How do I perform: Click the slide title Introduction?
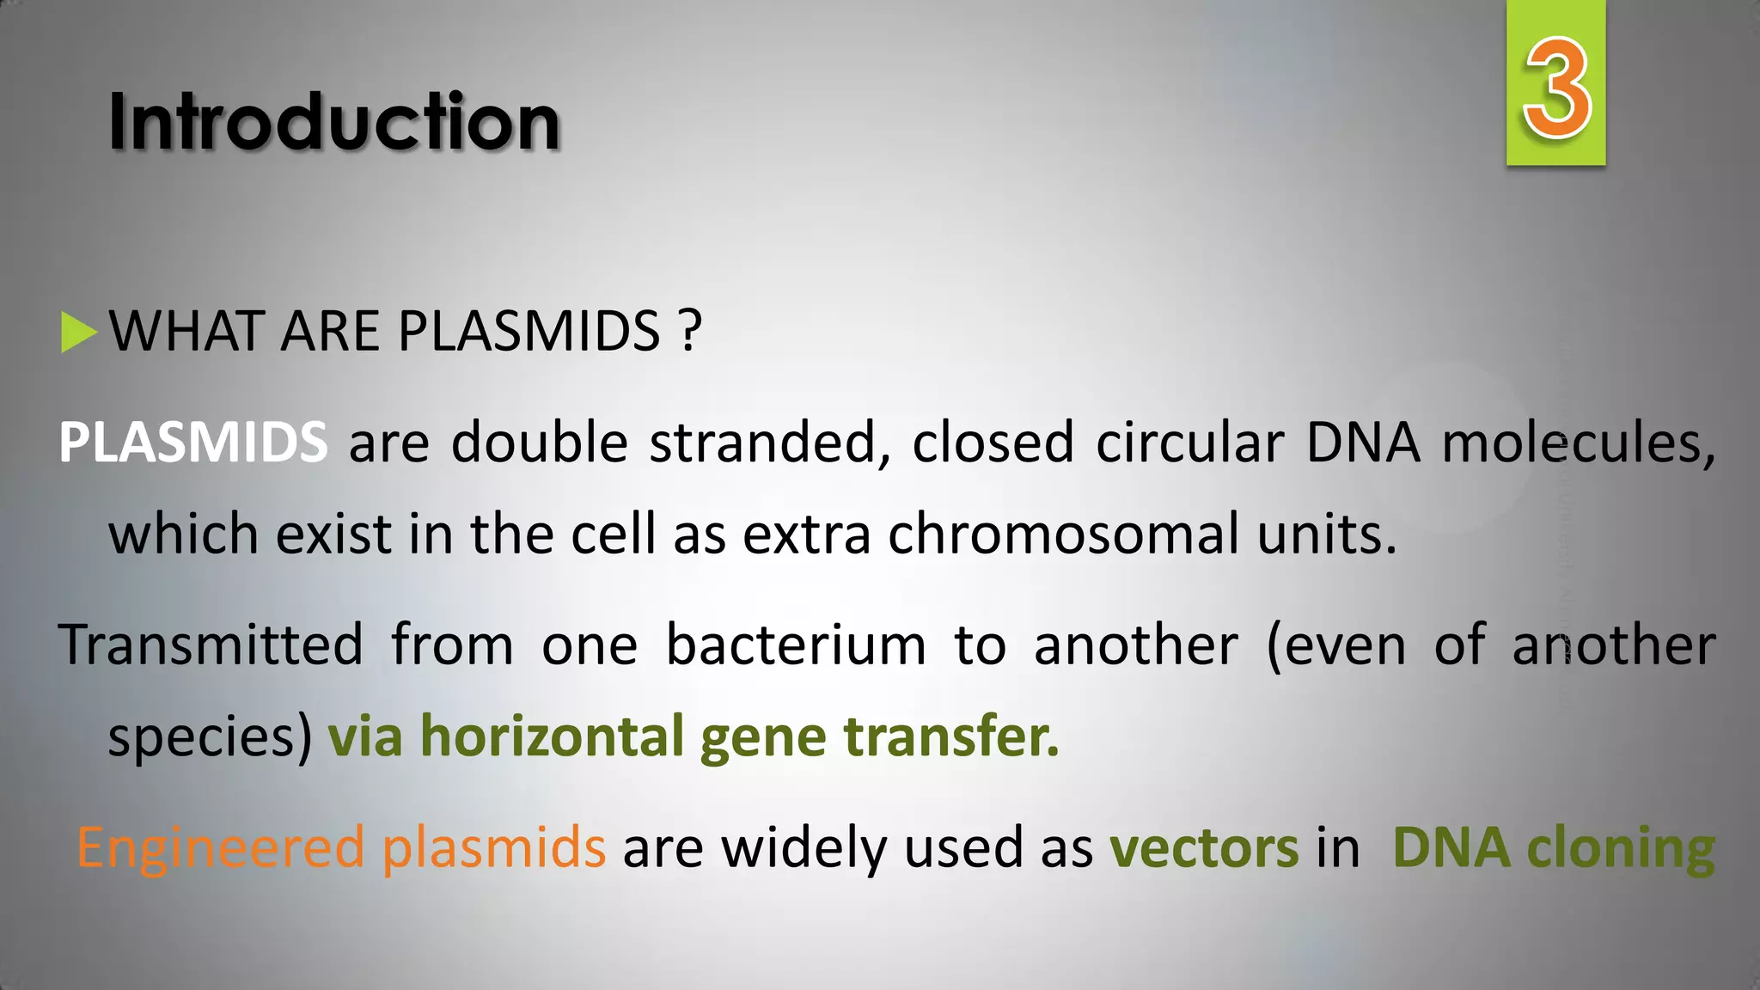click(334, 122)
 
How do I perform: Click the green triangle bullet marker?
click(78, 333)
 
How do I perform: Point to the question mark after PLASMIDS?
click(689, 332)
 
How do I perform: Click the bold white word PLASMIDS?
click(192, 443)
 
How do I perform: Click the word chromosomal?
click(1064, 535)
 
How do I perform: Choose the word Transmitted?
click(211, 645)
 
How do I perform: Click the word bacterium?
click(796, 645)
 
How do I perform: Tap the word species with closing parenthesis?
click(210, 737)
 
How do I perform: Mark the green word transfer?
click(951, 736)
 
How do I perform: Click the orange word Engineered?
click(221, 849)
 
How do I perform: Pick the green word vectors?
click(1204, 849)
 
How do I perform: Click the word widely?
click(804, 849)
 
